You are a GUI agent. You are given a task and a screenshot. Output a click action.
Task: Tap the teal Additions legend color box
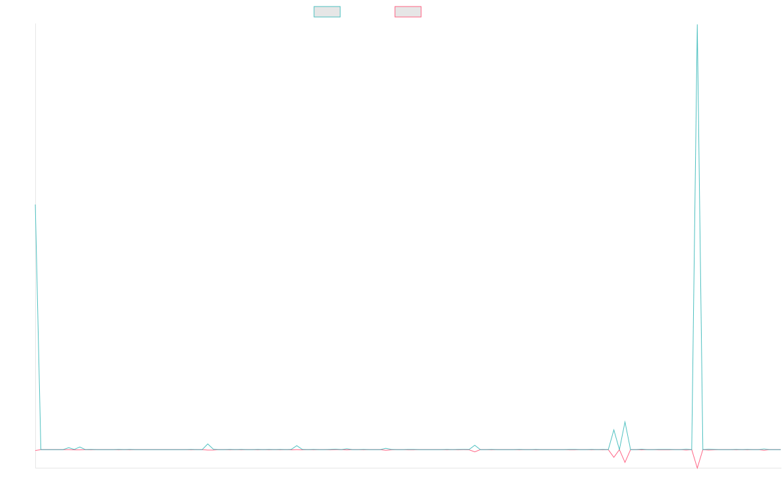327,12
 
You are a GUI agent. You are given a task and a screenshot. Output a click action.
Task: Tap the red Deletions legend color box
408,12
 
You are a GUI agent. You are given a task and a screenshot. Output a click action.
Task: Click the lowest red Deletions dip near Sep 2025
697,468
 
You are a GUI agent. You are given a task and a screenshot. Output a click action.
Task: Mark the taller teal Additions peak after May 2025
625,422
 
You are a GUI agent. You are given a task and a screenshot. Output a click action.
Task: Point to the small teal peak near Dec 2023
208,444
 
